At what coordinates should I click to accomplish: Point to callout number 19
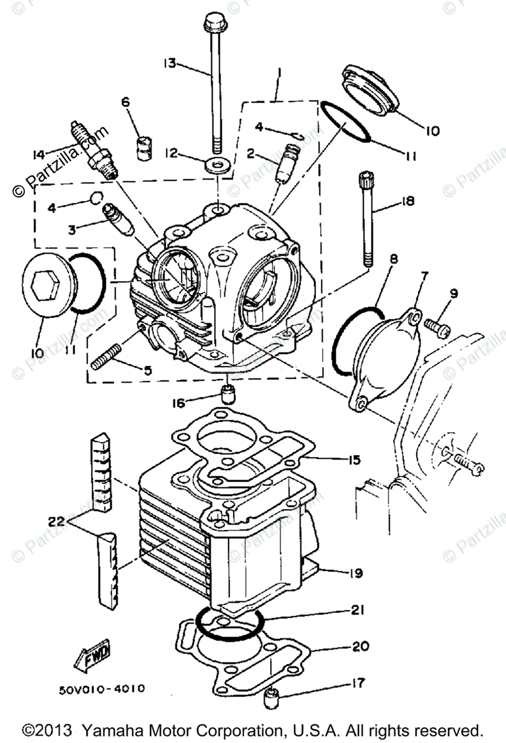pos(356,573)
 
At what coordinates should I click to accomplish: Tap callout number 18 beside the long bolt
pos(407,202)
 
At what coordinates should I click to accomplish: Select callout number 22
pos(56,522)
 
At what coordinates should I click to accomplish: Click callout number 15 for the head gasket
pos(354,459)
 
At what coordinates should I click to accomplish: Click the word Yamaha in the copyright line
pos(136,729)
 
